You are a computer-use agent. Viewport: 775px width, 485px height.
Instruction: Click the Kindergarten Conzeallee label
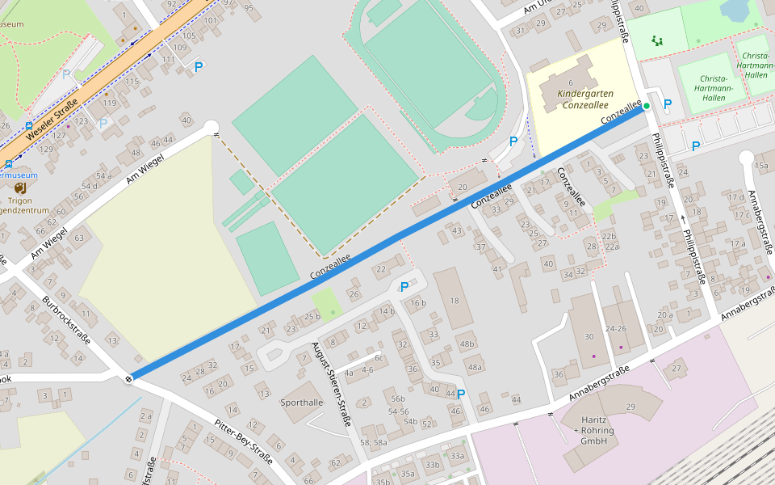tap(584, 99)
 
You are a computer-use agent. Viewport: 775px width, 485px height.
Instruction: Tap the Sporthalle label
tap(301, 402)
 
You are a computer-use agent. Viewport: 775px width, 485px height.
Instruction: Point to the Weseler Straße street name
tap(51, 118)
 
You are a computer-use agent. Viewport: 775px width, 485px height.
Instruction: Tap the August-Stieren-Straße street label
tap(332, 384)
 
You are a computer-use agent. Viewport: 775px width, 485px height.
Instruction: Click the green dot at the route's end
tap(647, 106)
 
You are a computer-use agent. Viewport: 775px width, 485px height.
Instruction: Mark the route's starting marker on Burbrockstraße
tap(129, 377)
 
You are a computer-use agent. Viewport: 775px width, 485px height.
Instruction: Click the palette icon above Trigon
tap(19, 188)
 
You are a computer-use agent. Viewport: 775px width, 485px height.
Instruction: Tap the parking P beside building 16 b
tap(404, 287)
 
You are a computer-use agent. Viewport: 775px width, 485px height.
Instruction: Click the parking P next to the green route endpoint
tap(667, 104)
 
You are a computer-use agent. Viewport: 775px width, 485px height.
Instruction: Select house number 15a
tap(761, 166)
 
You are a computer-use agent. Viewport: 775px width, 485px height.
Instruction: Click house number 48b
tap(467, 344)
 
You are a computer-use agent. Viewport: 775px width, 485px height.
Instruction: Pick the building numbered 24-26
tap(616, 329)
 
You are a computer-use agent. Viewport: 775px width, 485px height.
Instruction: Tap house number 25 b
tap(312, 317)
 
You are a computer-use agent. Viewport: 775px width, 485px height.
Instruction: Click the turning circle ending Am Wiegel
tap(212, 126)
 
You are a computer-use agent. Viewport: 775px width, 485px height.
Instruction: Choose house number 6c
tap(378, 357)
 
